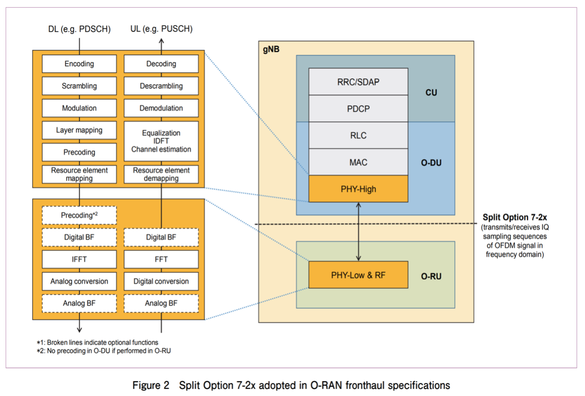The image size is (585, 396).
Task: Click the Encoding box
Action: click(79, 64)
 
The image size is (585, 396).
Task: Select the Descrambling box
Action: click(161, 86)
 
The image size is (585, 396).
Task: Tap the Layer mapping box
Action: click(79, 130)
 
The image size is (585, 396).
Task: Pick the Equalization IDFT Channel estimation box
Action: click(161, 141)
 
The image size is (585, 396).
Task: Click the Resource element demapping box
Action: click(161, 174)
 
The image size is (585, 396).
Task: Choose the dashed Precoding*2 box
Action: click(79, 215)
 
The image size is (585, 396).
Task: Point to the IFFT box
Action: click(79, 260)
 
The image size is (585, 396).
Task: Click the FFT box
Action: click(161, 260)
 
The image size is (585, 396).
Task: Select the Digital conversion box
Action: click(161, 282)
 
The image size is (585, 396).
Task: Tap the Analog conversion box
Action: click(79, 282)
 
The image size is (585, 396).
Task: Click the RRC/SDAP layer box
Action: click(358, 82)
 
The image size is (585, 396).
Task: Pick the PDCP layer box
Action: click(358, 109)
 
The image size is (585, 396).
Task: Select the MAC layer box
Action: click(358, 163)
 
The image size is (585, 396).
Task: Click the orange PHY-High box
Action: click(358, 189)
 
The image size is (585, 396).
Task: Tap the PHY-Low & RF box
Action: click(358, 275)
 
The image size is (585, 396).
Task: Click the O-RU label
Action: click(431, 276)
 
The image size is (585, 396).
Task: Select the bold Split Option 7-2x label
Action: click(514, 217)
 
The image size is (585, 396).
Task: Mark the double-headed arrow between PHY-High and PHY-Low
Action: click(358, 231)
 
